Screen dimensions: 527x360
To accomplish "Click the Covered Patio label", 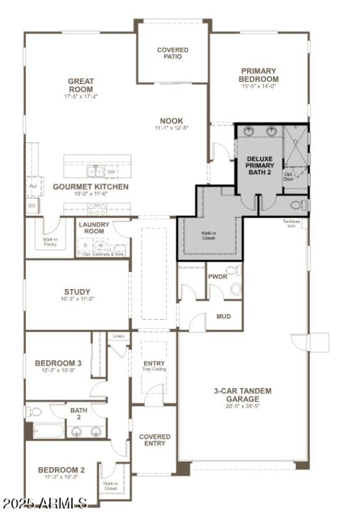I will tap(173, 53).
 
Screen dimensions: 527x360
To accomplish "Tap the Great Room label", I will tap(81, 85).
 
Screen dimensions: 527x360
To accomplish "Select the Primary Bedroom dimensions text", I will tap(258, 86).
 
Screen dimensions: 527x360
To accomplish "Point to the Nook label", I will tap(171, 121).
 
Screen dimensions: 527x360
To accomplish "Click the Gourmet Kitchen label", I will tap(90, 187).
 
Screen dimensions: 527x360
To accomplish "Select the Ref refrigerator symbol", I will tap(33, 186).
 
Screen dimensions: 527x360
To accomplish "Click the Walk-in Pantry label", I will tap(50, 242).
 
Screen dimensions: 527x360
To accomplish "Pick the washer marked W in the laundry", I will tap(101, 246).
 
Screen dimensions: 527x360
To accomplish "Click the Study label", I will tap(77, 292).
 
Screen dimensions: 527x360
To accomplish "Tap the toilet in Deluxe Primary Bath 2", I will tap(298, 205).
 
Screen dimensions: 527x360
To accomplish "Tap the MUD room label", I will tap(224, 316).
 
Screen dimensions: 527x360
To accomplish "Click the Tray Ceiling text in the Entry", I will tap(154, 369).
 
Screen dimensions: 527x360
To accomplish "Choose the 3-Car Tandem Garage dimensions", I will tap(243, 406).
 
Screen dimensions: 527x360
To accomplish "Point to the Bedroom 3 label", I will tap(58, 363).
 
